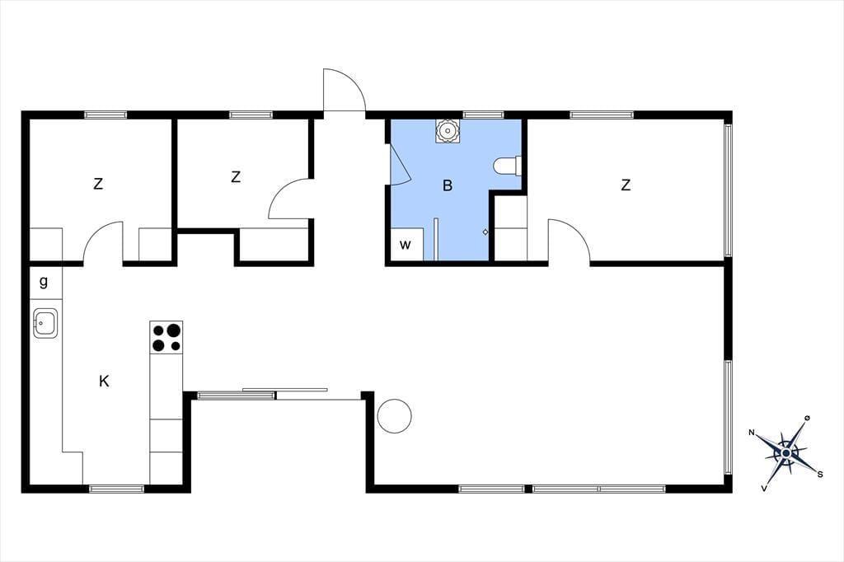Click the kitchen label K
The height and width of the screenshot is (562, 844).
[x=104, y=382]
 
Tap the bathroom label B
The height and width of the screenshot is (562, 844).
[x=448, y=185]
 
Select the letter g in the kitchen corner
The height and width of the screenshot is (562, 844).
[x=44, y=282]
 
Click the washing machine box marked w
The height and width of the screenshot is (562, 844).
[x=406, y=245]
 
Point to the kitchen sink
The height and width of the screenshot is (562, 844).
[x=46, y=323]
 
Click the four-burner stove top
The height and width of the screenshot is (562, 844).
[x=166, y=338]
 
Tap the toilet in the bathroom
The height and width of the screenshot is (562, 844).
[x=507, y=166]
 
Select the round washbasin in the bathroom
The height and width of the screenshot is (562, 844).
[x=448, y=131]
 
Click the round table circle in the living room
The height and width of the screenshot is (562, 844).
[x=395, y=415]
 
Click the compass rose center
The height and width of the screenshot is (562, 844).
[x=786, y=453]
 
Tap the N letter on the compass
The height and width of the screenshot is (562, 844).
[x=752, y=433]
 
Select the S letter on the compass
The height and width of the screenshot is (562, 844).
[x=820, y=475]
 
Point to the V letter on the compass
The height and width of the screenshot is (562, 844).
[x=764, y=489]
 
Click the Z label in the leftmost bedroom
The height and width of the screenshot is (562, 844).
[x=98, y=184]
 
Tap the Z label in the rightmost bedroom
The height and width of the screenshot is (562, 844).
[x=626, y=185]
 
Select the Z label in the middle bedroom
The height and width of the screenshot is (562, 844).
[x=236, y=176]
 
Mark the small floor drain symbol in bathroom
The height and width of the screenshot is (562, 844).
[x=485, y=232]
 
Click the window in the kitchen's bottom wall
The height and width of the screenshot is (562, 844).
[x=117, y=489]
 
